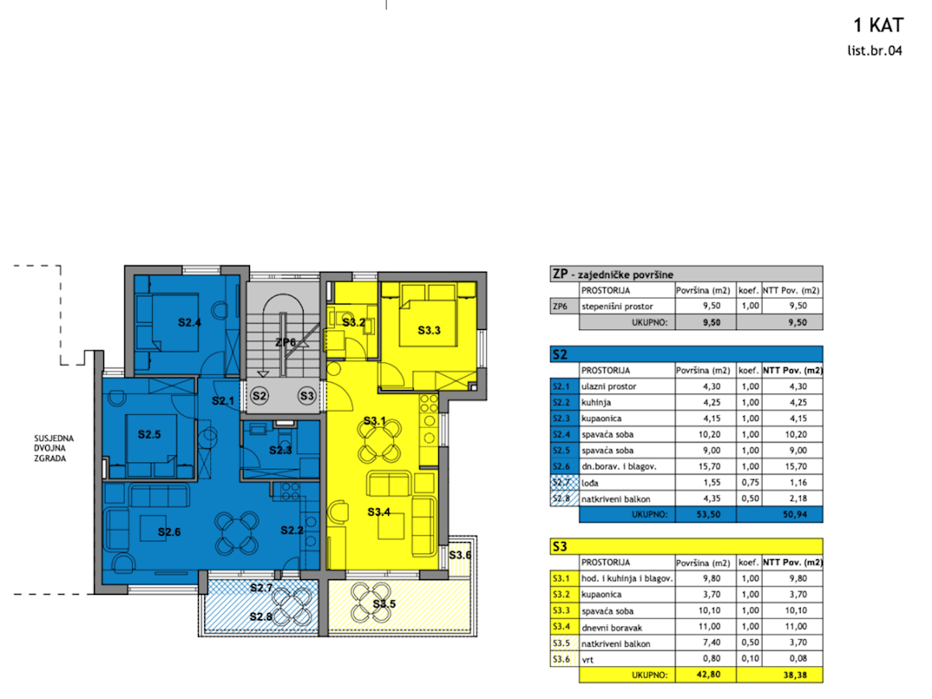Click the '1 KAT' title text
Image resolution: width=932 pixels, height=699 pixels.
pyautogui.click(x=878, y=26)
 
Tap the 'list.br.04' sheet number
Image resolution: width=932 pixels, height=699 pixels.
pyautogui.click(x=875, y=51)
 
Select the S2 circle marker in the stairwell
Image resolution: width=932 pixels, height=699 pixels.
pyautogui.click(x=259, y=395)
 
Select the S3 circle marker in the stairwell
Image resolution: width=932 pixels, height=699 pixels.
pyautogui.click(x=307, y=395)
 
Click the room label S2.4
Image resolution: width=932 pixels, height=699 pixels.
pyautogui.click(x=190, y=322)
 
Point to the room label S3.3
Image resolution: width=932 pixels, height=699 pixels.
pyautogui.click(x=429, y=330)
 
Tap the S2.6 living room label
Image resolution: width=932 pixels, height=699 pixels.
pyautogui.click(x=169, y=532)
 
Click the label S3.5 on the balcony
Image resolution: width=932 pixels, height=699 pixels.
pyautogui.click(x=384, y=603)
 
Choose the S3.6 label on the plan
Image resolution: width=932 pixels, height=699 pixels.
pyautogui.click(x=460, y=555)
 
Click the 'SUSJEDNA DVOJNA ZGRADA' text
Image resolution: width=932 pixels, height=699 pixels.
pyautogui.click(x=54, y=448)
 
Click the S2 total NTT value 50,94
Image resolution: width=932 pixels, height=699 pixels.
pyautogui.click(x=795, y=515)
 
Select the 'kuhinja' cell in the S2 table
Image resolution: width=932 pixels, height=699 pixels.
pyautogui.click(x=596, y=402)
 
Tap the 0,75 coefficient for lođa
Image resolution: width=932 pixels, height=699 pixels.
pyautogui.click(x=749, y=482)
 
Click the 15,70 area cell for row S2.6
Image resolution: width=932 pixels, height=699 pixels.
pyautogui.click(x=709, y=467)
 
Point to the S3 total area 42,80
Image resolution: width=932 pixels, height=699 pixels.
pyautogui.click(x=708, y=674)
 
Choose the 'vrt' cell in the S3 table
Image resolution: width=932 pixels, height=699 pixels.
pyautogui.click(x=587, y=660)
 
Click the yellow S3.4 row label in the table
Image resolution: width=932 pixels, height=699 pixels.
pyautogui.click(x=561, y=627)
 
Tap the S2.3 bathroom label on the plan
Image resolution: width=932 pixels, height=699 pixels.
pyautogui.click(x=280, y=450)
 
